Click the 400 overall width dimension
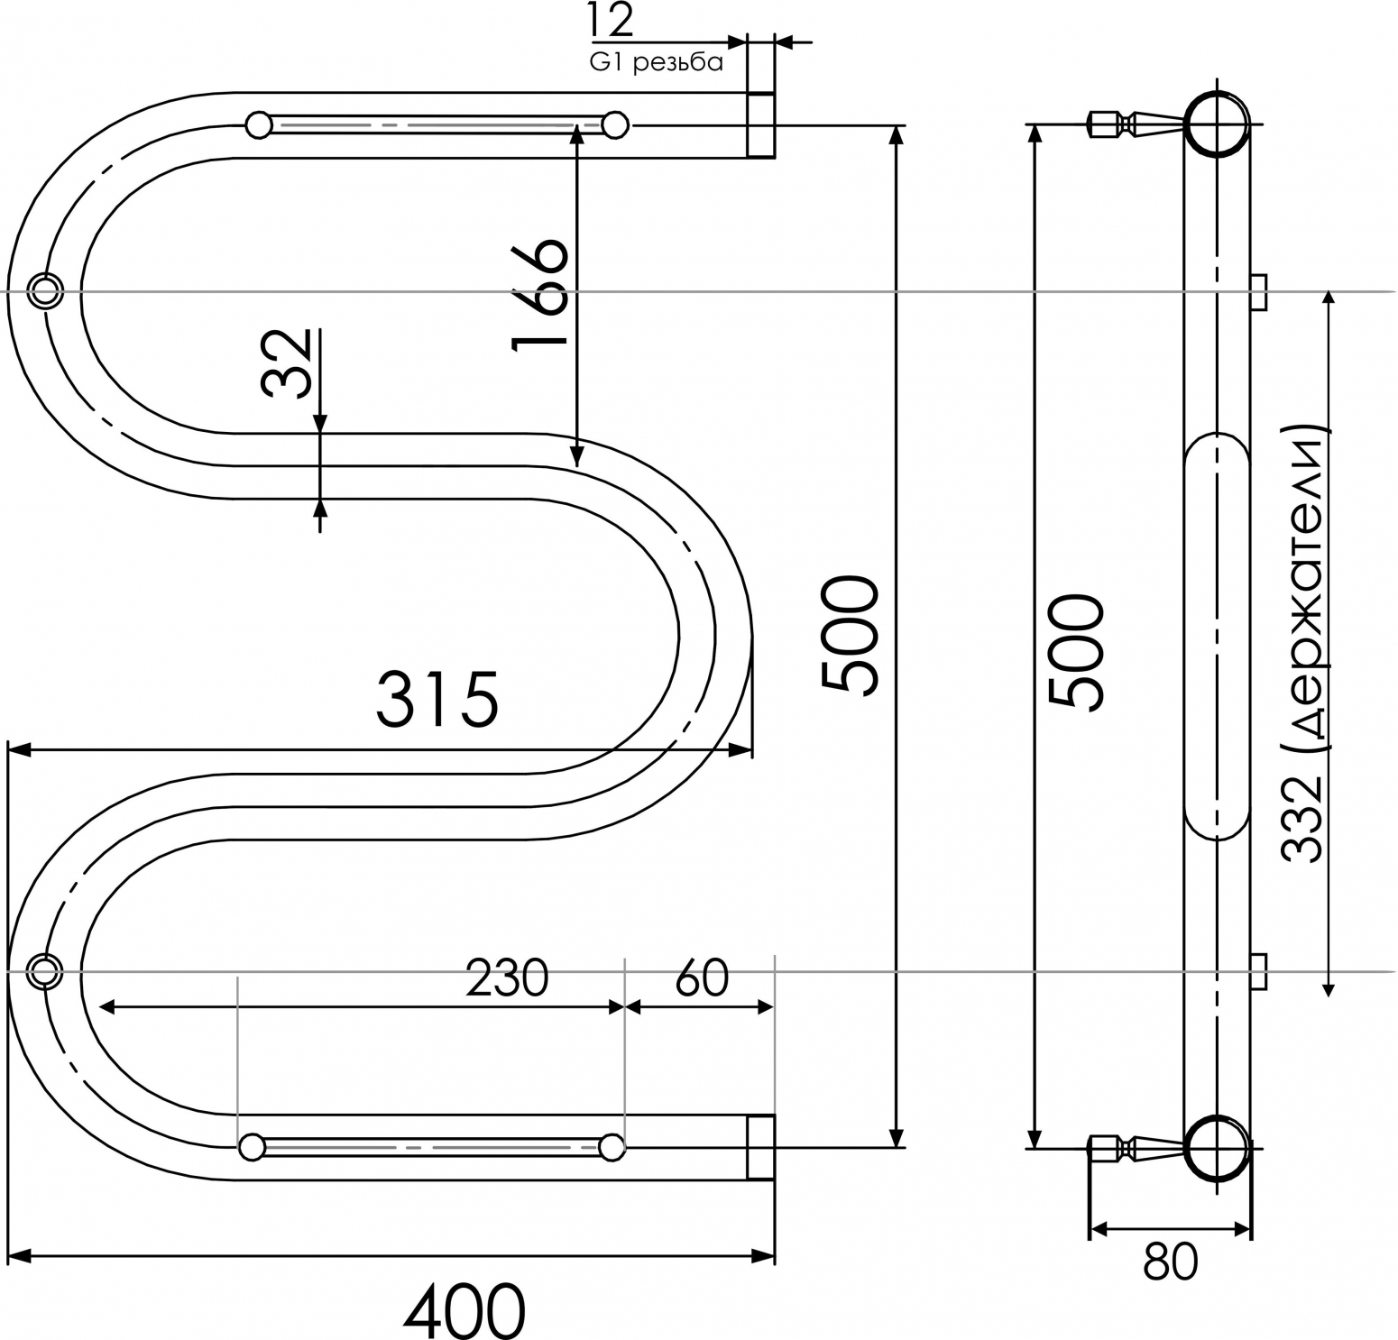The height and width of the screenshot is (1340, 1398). coord(463,1309)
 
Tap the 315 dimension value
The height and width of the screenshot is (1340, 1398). coord(437,699)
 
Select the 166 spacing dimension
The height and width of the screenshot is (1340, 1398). coord(540,294)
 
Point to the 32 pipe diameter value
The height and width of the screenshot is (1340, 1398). coord(286,363)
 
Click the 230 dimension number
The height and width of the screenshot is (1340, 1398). coord(507,977)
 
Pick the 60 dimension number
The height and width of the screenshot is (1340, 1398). coord(701,977)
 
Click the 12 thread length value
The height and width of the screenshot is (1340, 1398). coord(612,20)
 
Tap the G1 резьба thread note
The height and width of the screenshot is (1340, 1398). coord(657,62)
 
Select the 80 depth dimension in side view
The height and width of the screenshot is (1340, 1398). coord(1171,1262)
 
